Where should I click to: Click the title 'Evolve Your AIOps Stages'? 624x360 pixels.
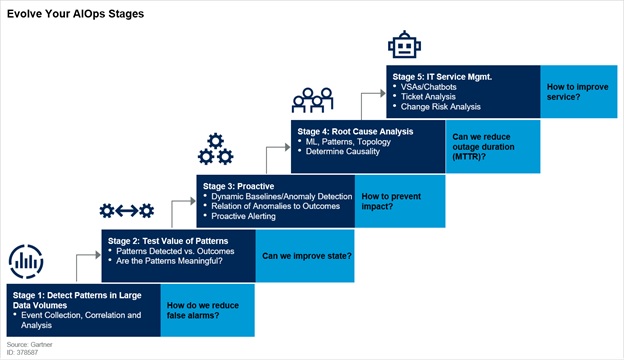(75, 15)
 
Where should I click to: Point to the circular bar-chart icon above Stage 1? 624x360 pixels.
(26, 262)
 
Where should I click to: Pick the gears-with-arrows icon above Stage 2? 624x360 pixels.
(126, 210)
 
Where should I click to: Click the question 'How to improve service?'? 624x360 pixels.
(574, 92)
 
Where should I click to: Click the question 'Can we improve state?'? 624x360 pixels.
(306, 256)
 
